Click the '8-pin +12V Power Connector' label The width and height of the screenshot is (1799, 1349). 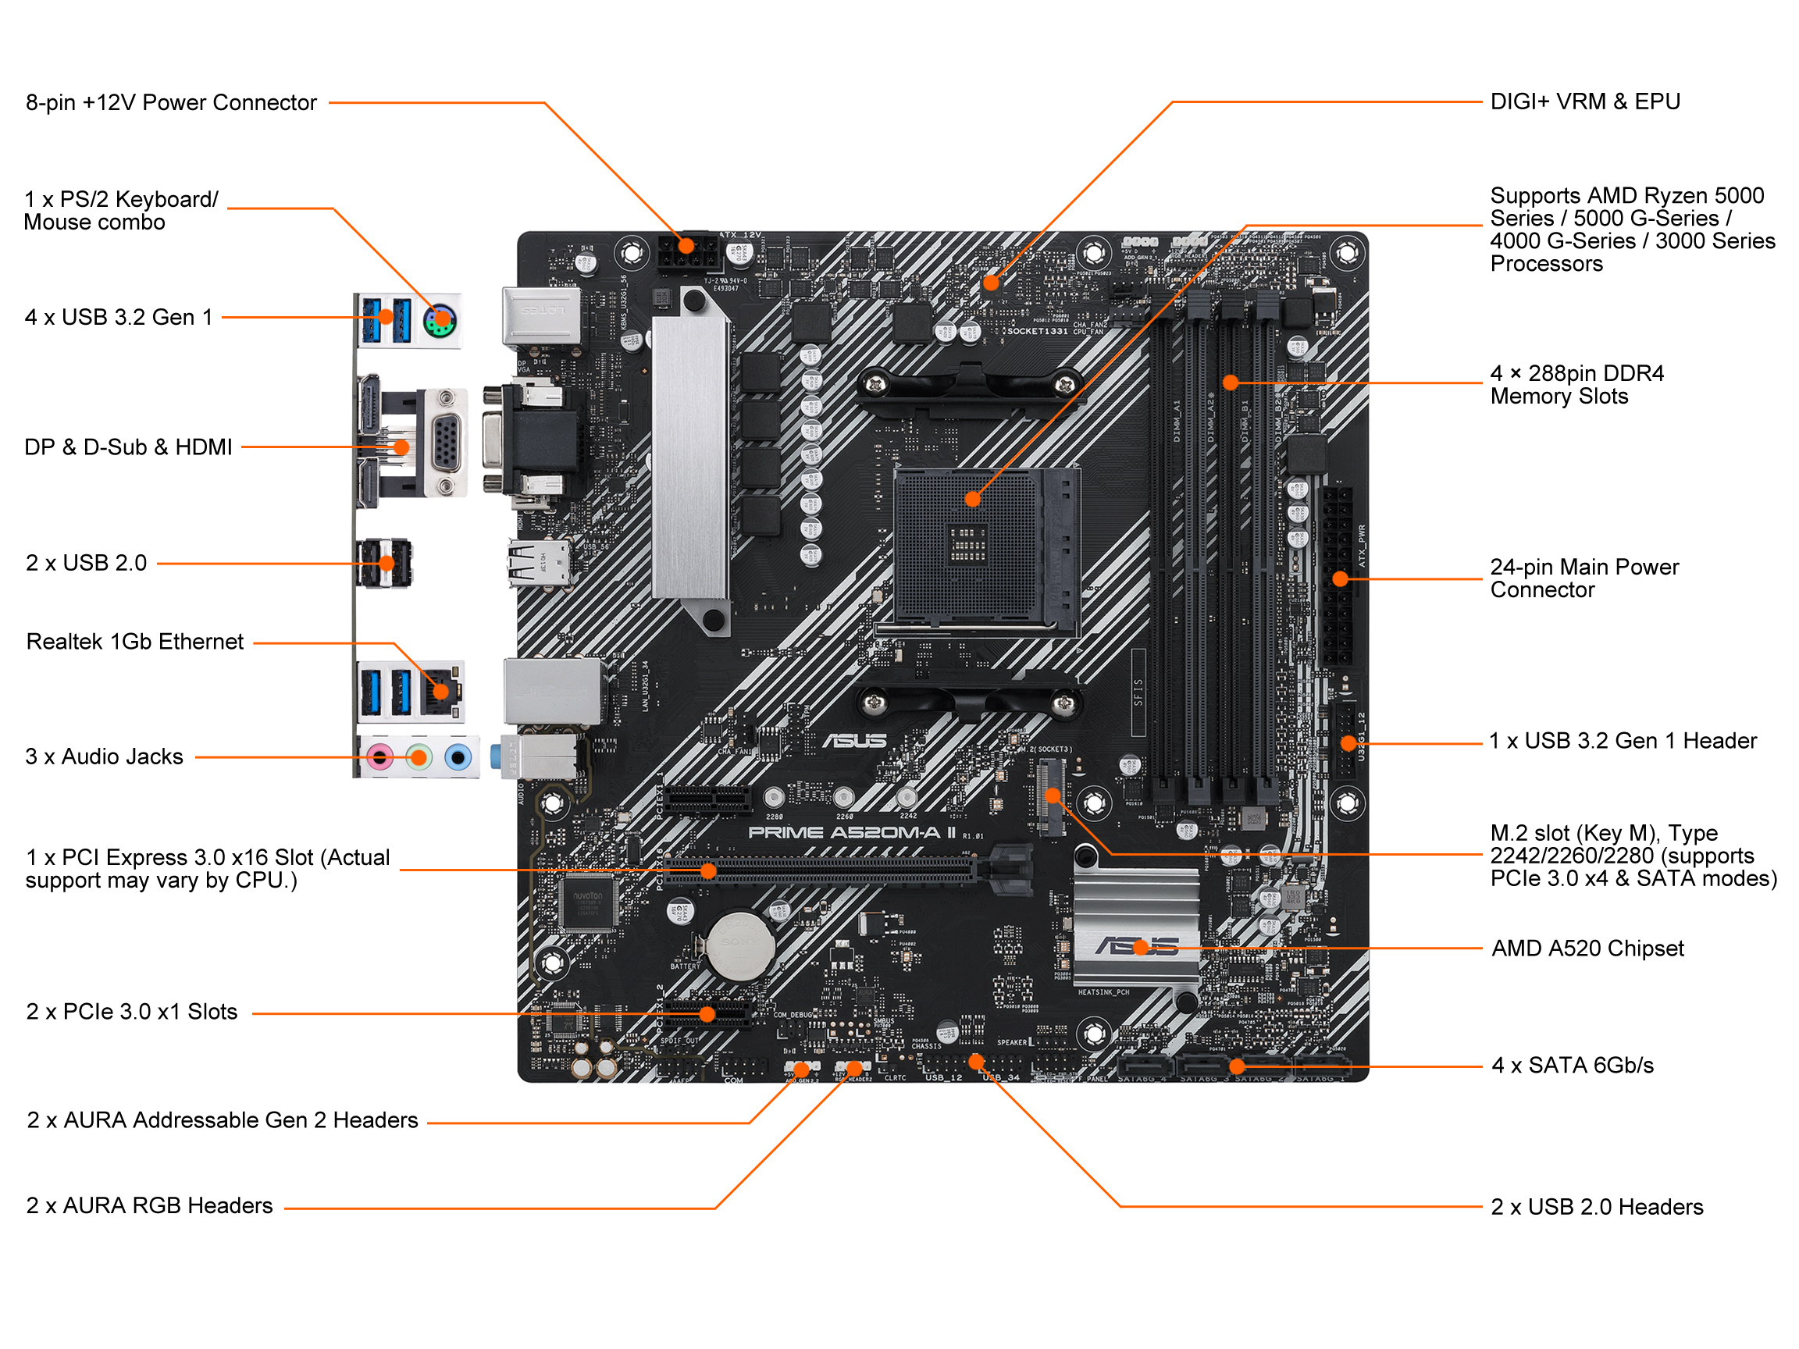coord(171,102)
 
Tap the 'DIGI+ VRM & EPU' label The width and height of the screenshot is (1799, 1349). coord(1584,101)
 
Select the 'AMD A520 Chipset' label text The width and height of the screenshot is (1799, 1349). coord(1587,948)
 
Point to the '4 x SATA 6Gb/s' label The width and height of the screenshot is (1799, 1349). coord(1572,1065)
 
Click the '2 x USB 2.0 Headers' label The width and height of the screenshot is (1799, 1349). coord(1597,1207)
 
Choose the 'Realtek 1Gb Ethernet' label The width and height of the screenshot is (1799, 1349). coord(135,642)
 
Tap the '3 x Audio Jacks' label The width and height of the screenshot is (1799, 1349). coord(104,756)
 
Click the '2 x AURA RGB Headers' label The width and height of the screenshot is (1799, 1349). coord(150,1205)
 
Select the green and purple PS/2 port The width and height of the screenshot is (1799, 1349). coord(440,319)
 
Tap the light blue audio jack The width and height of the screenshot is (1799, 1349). coord(458,757)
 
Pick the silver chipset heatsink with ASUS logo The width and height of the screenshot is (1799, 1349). coord(1135,927)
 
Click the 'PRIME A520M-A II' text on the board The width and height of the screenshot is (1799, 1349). coord(852,832)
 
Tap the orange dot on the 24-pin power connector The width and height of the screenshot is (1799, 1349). coord(1341,579)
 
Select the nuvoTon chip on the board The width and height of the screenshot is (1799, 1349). coord(587,902)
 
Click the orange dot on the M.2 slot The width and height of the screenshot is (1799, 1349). coord(1053,796)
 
